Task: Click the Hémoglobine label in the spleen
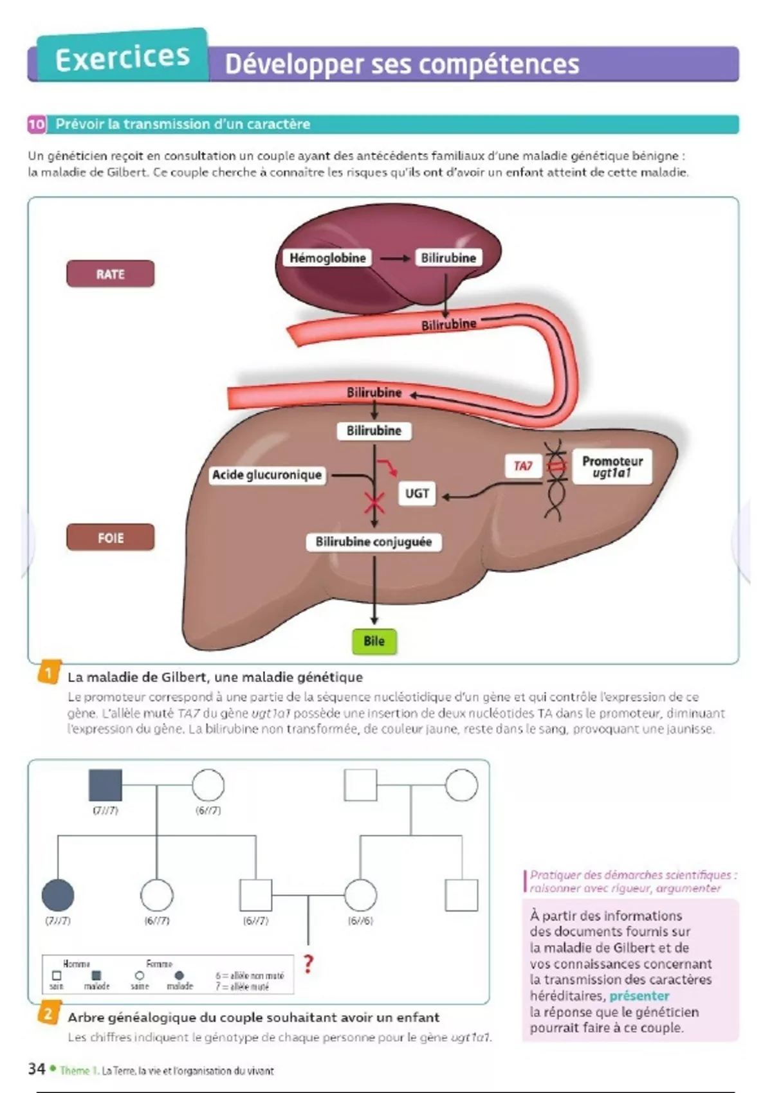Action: click(327, 258)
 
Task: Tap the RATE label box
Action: click(110, 274)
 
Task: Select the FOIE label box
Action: click(110, 537)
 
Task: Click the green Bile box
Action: click(374, 641)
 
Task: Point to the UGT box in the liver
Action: click(417, 493)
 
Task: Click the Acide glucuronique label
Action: click(267, 475)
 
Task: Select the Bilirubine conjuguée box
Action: click(373, 542)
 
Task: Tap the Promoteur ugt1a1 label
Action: click(612, 467)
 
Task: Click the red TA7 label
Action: click(523, 465)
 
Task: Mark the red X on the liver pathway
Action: click(374, 503)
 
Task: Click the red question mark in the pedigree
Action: click(309, 963)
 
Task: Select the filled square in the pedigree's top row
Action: click(105, 785)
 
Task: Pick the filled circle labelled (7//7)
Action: click(58, 894)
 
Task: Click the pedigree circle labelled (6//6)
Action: click(360, 894)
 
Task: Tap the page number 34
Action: click(37, 1069)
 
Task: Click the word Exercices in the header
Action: click(122, 59)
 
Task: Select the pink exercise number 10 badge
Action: click(37, 124)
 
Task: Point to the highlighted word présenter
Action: click(639, 996)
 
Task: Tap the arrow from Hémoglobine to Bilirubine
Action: click(394, 258)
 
